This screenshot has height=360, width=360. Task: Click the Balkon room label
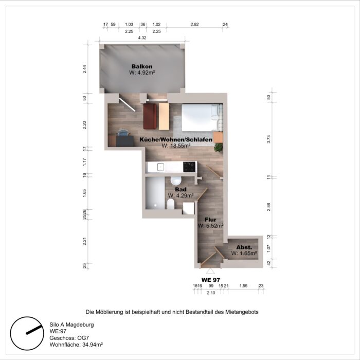142,66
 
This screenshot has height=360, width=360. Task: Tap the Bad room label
181,189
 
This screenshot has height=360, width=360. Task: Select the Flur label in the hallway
210,220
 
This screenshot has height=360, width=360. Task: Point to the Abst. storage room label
244,247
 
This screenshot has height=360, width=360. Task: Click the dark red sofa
150,116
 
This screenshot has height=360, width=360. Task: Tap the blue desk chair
123,132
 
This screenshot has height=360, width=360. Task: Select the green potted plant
219,147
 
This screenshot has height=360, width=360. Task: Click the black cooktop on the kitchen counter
189,167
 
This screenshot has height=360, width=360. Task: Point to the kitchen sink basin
160,167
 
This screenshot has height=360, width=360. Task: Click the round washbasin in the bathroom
176,181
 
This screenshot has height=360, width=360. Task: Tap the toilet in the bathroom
171,204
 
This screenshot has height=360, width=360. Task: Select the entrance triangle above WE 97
210,271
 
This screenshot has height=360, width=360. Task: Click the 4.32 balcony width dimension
142,38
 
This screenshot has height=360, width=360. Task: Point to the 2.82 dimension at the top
194,24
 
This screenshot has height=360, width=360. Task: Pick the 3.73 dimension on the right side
268,139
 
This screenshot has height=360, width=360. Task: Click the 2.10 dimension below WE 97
211,293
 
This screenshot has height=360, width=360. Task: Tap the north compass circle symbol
27,333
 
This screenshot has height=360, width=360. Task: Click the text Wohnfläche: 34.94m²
76,345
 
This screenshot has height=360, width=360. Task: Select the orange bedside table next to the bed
218,137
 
